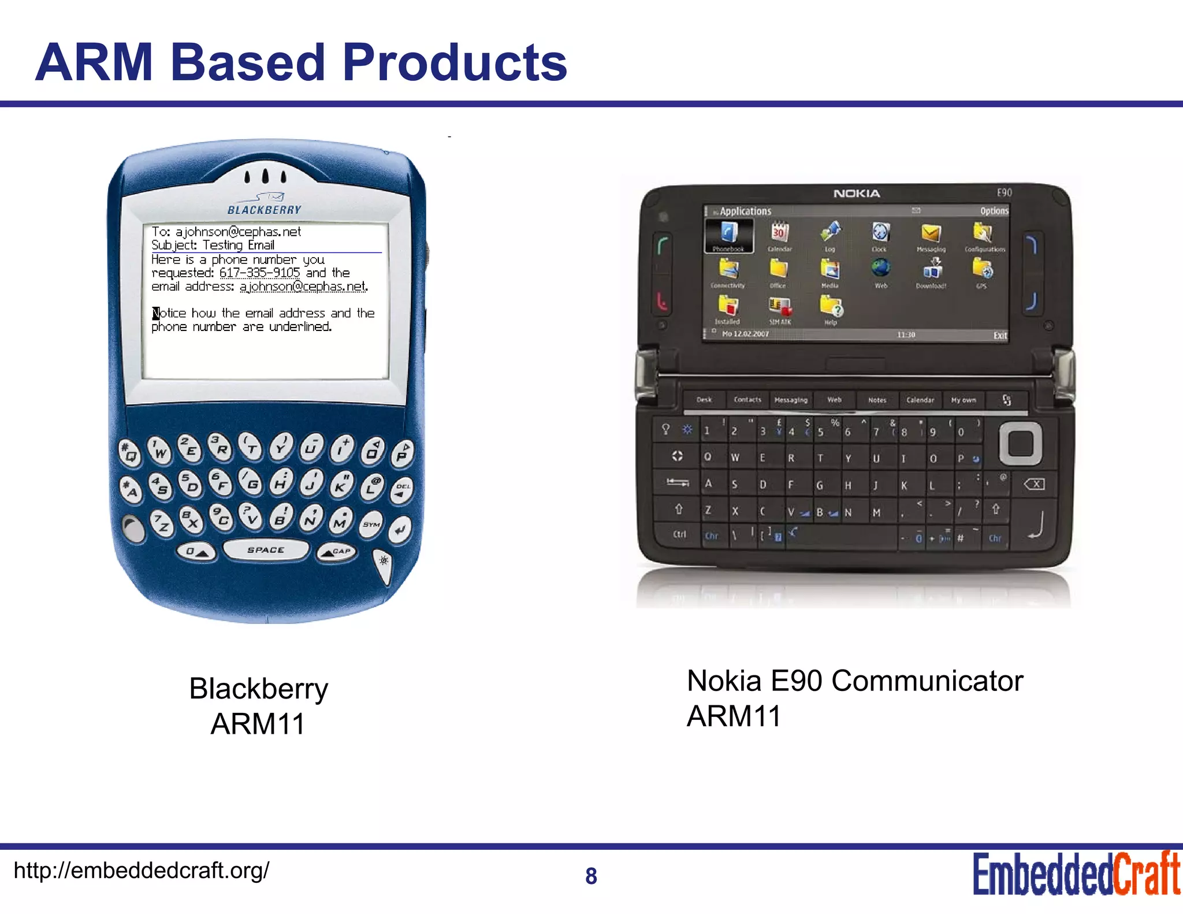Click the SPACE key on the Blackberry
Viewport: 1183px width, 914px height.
(266, 549)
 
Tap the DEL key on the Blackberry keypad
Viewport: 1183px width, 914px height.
(402, 489)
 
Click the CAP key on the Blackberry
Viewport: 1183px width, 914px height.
(337, 552)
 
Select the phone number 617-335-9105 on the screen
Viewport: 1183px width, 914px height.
(259, 273)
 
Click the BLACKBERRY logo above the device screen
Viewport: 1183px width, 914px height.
(265, 210)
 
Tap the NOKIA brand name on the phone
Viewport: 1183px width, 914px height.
(857, 194)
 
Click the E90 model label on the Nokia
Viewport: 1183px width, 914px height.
(1004, 192)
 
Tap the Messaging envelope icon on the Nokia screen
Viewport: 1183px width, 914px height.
(931, 234)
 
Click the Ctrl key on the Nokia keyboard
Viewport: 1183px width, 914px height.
(679, 534)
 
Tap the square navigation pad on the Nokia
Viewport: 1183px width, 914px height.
(1021, 444)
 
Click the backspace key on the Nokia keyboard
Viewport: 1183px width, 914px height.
(1033, 484)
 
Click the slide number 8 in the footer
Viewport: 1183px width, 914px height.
(591, 876)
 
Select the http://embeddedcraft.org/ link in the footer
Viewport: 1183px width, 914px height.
(142, 870)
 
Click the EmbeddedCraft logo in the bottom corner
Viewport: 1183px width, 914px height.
(1076, 874)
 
